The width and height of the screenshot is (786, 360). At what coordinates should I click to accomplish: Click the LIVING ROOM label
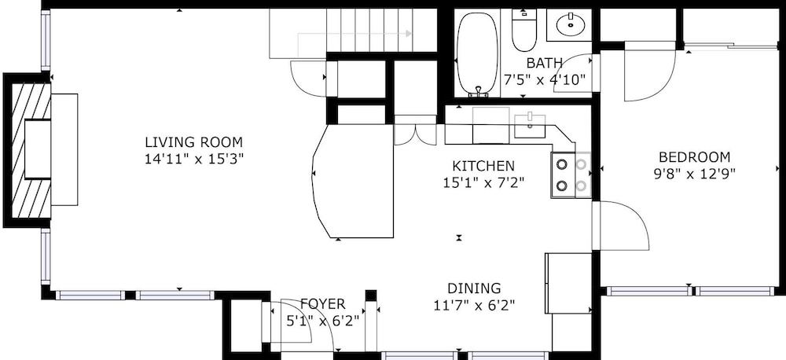click(194, 142)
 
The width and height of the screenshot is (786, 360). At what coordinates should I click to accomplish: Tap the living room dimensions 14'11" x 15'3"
click(194, 160)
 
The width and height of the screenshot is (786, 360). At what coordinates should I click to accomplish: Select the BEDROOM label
click(694, 157)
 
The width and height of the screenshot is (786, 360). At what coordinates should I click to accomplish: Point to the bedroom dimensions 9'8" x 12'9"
click(694, 174)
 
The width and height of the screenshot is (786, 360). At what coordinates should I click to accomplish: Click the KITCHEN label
click(483, 166)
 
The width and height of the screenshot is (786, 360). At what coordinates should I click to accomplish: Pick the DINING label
click(474, 288)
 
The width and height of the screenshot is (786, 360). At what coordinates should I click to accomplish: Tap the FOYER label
click(323, 304)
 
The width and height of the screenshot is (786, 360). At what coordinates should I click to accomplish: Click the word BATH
click(544, 63)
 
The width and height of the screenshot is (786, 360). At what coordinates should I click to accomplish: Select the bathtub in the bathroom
click(478, 53)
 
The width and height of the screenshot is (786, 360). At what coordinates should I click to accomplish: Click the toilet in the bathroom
click(524, 30)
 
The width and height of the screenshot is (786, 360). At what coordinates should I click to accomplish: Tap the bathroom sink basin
click(571, 23)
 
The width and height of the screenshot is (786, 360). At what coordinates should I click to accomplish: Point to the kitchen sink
click(530, 125)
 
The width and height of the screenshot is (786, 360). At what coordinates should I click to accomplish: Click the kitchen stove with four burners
click(571, 175)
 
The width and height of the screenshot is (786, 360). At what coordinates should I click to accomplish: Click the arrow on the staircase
click(355, 34)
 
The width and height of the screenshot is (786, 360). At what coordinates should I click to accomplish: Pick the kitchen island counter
click(353, 181)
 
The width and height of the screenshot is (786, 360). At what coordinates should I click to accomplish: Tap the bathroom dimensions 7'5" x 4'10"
click(544, 79)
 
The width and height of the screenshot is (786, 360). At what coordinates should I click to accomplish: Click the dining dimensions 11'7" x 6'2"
click(474, 305)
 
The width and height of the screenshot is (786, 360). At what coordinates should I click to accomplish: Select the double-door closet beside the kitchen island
click(416, 130)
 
